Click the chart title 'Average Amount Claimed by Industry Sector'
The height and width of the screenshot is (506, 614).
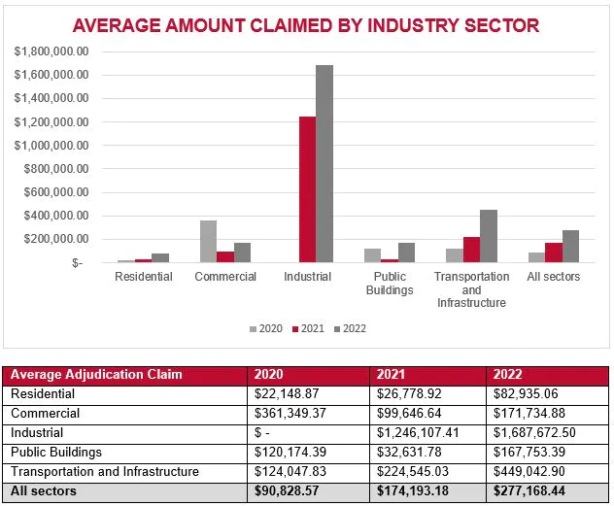[305, 25]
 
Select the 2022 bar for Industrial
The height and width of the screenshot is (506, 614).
[324, 164]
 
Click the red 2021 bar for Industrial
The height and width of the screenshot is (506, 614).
[307, 189]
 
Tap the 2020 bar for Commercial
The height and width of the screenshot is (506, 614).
[208, 242]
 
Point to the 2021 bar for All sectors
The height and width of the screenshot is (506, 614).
[553, 253]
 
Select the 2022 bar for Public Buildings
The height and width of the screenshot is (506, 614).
[406, 253]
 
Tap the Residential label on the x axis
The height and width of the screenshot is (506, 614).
[143, 277]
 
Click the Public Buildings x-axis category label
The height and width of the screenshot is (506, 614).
[390, 283]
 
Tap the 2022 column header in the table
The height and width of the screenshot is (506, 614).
[508, 375]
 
